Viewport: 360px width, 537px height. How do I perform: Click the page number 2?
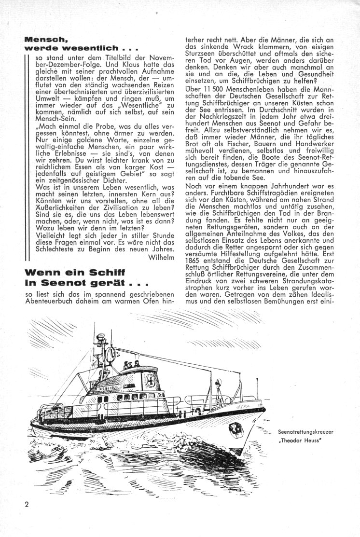point(27,505)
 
